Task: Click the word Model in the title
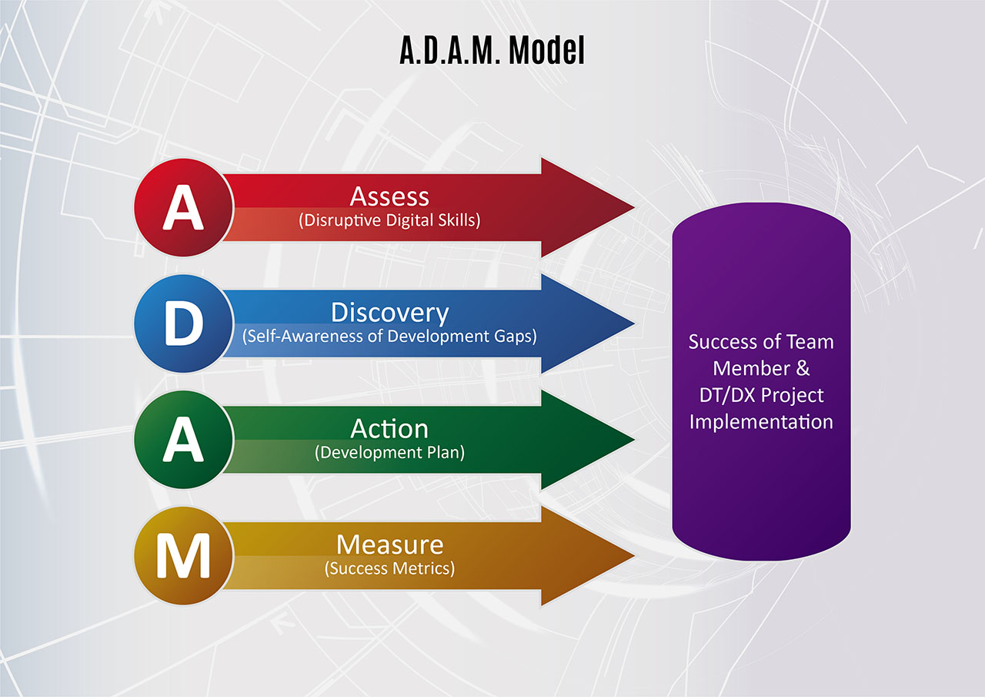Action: click(546, 50)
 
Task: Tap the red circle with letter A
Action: click(183, 207)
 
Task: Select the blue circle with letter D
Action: click(183, 323)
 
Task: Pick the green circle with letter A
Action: click(183, 440)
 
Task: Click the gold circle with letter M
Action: click(183, 556)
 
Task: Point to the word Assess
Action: click(389, 196)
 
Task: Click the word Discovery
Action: click(389, 313)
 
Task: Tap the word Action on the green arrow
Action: click(389, 428)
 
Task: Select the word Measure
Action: click(389, 545)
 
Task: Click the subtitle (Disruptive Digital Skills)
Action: click(389, 220)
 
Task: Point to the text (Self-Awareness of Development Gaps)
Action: click(389, 337)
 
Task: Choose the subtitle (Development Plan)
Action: click(389, 453)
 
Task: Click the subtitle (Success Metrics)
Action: click(389, 568)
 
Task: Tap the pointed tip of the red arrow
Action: click(633, 207)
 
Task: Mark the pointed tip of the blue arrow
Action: click(633, 323)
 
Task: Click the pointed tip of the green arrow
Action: click(633, 440)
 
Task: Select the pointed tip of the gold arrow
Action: click(633, 556)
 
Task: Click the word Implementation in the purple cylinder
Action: click(761, 422)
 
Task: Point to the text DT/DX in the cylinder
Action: click(724, 396)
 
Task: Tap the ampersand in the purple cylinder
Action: click(803, 368)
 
